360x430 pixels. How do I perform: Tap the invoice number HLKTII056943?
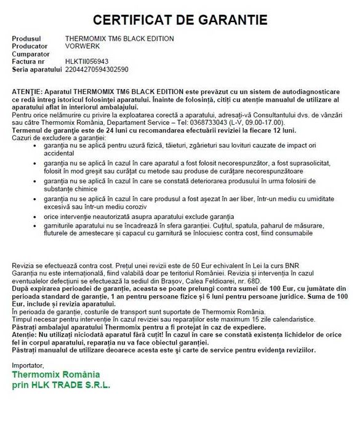(x=87, y=62)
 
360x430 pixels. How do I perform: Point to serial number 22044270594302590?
(x=96, y=70)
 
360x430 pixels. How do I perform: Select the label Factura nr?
(x=28, y=62)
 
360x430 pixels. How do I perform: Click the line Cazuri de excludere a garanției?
(x=56, y=138)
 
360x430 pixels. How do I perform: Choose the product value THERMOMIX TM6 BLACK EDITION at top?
(x=119, y=39)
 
